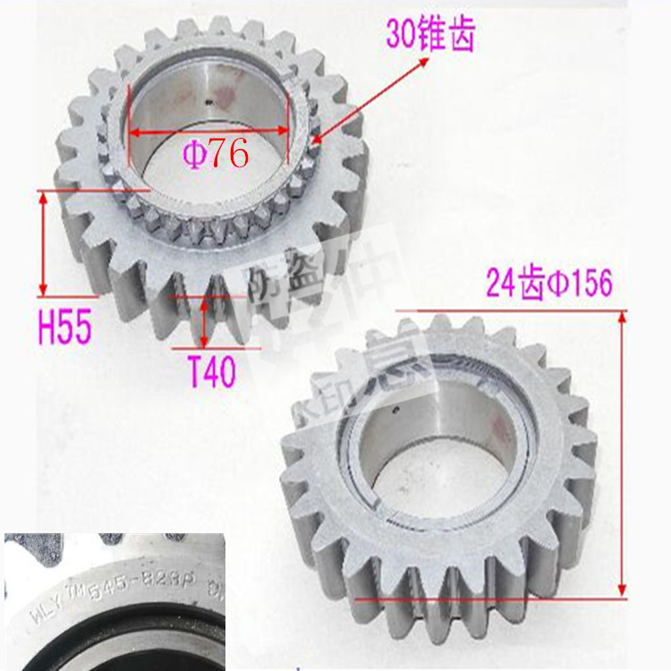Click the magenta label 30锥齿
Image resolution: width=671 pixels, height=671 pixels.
click(429, 36)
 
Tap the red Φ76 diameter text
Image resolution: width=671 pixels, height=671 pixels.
click(216, 154)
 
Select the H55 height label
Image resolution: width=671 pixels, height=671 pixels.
click(64, 328)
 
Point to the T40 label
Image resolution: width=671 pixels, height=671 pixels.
click(211, 371)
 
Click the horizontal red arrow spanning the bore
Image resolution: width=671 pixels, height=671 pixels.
click(208, 130)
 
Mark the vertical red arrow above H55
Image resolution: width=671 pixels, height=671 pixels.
click(43, 242)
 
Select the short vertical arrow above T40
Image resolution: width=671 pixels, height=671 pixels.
click(205, 322)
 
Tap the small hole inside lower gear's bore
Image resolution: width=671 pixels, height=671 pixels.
click(395, 412)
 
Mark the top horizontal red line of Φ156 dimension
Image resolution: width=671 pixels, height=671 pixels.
click(510, 310)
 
